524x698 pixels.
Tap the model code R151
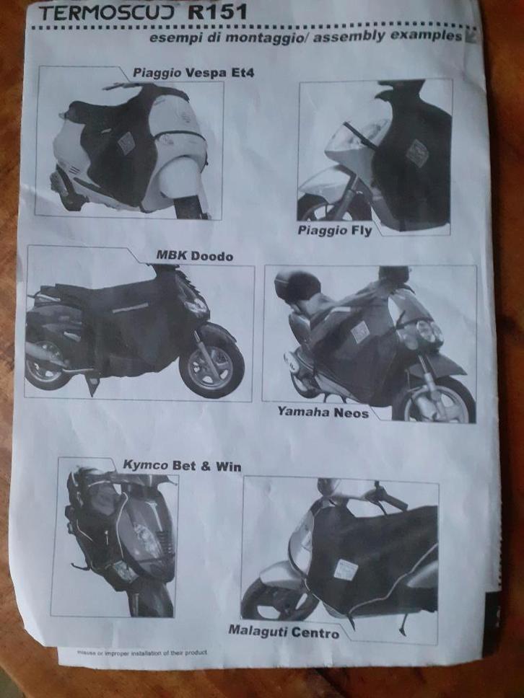[x=217, y=12]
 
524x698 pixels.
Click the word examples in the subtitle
[x=427, y=35]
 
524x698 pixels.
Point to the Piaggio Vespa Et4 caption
[x=193, y=73]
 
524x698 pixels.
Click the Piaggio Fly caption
[x=335, y=231]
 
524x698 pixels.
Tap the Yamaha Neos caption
[x=323, y=412]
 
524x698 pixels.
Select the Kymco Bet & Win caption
[x=182, y=466]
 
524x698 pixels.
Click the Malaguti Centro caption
[x=284, y=631]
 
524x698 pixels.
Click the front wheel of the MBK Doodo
[x=211, y=365]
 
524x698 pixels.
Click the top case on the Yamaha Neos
[x=297, y=286]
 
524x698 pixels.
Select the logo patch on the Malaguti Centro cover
[x=345, y=570]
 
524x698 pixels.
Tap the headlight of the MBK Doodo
[x=196, y=307]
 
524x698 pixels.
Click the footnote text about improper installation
[x=142, y=653]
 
